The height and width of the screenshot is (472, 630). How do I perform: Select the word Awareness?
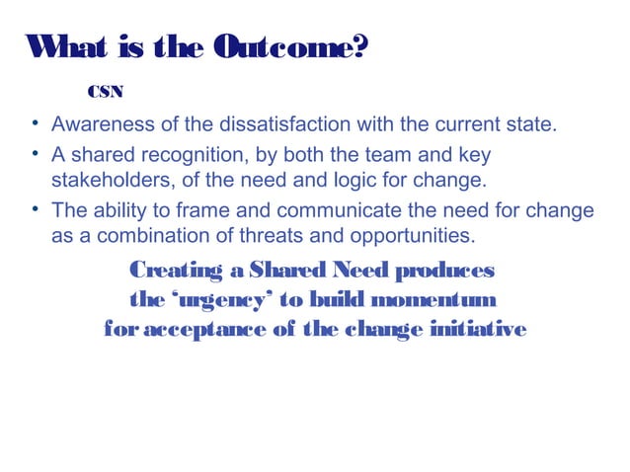click(97, 126)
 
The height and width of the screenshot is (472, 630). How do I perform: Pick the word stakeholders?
click(109, 179)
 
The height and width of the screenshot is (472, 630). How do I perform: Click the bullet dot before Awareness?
click(35, 125)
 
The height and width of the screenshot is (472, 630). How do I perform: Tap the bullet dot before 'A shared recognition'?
click(35, 155)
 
